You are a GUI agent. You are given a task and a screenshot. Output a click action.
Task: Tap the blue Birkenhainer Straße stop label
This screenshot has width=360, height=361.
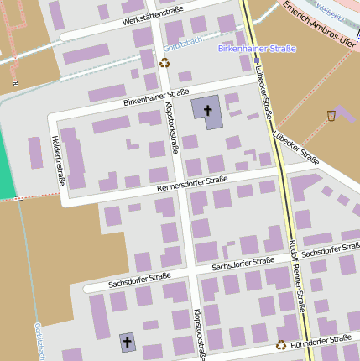(x=256, y=49)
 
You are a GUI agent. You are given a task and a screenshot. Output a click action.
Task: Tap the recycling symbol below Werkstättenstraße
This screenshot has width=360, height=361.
(x=164, y=63)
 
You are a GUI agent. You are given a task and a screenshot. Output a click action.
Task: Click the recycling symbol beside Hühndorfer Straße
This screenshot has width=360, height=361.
(x=280, y=344)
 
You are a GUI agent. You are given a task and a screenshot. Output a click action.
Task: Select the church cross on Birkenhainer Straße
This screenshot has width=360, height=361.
(x=207, y=110)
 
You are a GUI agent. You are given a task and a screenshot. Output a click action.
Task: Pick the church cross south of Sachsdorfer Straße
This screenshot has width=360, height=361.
(x=128, y=342)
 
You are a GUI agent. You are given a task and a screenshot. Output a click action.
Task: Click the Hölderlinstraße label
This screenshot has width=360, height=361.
(x=59, y=160)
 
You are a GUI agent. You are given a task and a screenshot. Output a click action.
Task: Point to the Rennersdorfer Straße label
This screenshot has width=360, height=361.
(x=192, y=184)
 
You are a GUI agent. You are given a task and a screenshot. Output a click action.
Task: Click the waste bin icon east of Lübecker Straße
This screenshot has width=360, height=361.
(x=331, y=115)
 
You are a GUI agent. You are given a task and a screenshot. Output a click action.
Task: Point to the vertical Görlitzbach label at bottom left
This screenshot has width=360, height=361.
(x=39, y=340)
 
